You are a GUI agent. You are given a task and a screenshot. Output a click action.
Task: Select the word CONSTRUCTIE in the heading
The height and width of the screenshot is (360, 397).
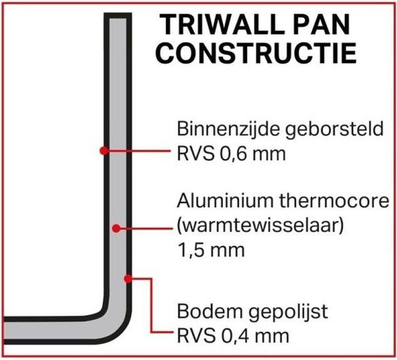click(256, 53)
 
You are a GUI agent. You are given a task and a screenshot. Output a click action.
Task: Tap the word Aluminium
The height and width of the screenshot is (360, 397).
click(225, 201)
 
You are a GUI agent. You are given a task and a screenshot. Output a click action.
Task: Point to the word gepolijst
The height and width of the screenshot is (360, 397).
click(288, 312)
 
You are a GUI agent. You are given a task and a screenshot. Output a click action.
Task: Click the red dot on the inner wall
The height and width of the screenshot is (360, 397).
click(104, 151)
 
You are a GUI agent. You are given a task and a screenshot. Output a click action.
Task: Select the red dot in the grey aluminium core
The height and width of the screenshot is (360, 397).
click(116, 229)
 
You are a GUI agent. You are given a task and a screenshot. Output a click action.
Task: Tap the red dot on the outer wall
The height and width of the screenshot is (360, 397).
click(128, 279)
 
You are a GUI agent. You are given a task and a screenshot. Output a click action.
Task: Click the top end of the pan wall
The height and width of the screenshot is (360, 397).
click(118, 16)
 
